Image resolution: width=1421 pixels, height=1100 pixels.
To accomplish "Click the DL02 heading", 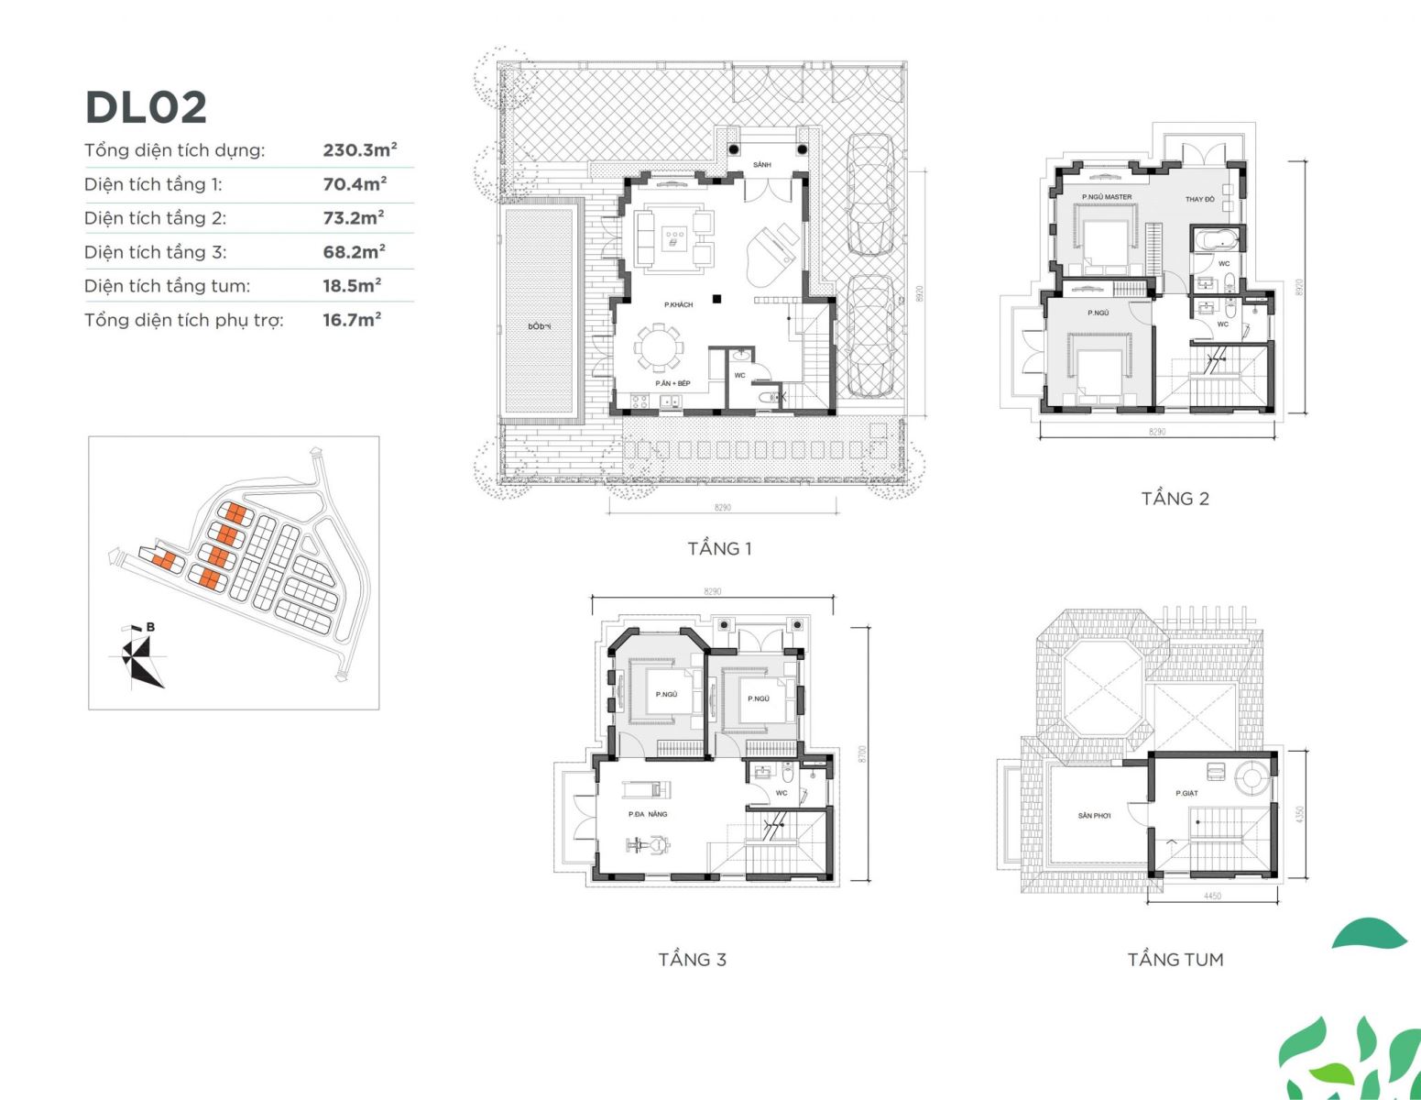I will tap(146, 107).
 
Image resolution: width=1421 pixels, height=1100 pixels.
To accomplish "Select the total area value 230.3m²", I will tap(359, 150).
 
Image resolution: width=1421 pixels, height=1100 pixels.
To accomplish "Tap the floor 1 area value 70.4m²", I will tap(354, 184).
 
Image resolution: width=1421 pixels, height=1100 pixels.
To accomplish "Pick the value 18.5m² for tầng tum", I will tap(352, 286).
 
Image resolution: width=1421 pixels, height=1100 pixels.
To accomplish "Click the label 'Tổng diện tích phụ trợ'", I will tap(183, 321).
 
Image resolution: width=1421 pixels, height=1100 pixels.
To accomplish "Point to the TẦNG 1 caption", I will tap(719, 548).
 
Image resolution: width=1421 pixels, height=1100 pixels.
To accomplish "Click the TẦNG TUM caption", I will tap(1175, 959).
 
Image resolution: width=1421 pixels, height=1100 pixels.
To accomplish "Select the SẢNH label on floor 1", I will tap(761, 165).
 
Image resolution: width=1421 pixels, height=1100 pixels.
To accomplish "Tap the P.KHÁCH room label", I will tap(678, 304).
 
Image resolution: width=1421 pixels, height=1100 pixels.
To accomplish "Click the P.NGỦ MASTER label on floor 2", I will tap(1106, 197).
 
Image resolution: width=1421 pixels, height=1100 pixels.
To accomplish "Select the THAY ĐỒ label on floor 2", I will tap(1199, 199).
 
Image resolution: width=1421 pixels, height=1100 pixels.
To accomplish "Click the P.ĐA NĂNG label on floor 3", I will tap(647, 814).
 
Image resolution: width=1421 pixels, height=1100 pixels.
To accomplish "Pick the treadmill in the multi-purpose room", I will tap(647, 788).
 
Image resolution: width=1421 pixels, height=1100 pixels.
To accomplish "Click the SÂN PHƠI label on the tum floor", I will tap(1094, 815).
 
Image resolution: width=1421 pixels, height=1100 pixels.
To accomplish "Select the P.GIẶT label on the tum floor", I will tap(1186, 793).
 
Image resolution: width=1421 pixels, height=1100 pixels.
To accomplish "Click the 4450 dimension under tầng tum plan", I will tap(1211, 896).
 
